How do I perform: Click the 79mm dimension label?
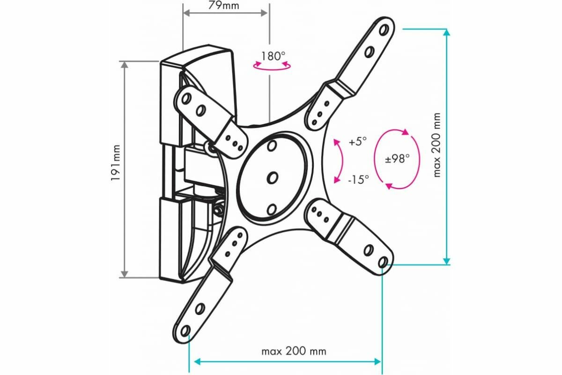click(x=225, y=6)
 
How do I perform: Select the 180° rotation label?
click(x=273, y=56)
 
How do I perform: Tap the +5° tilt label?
click(x=358, y=142)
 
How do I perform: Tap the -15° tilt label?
click(x=358, y=179)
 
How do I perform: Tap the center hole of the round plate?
click(x=273, y=178)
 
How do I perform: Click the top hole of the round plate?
click(x=271, y=146)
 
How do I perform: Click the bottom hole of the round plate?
click(x=273, y=209)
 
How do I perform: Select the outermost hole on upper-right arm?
click(x=384, y=30)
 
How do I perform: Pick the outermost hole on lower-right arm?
click(x=383, y=261)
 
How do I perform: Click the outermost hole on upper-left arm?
click(x=186, y=98)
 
